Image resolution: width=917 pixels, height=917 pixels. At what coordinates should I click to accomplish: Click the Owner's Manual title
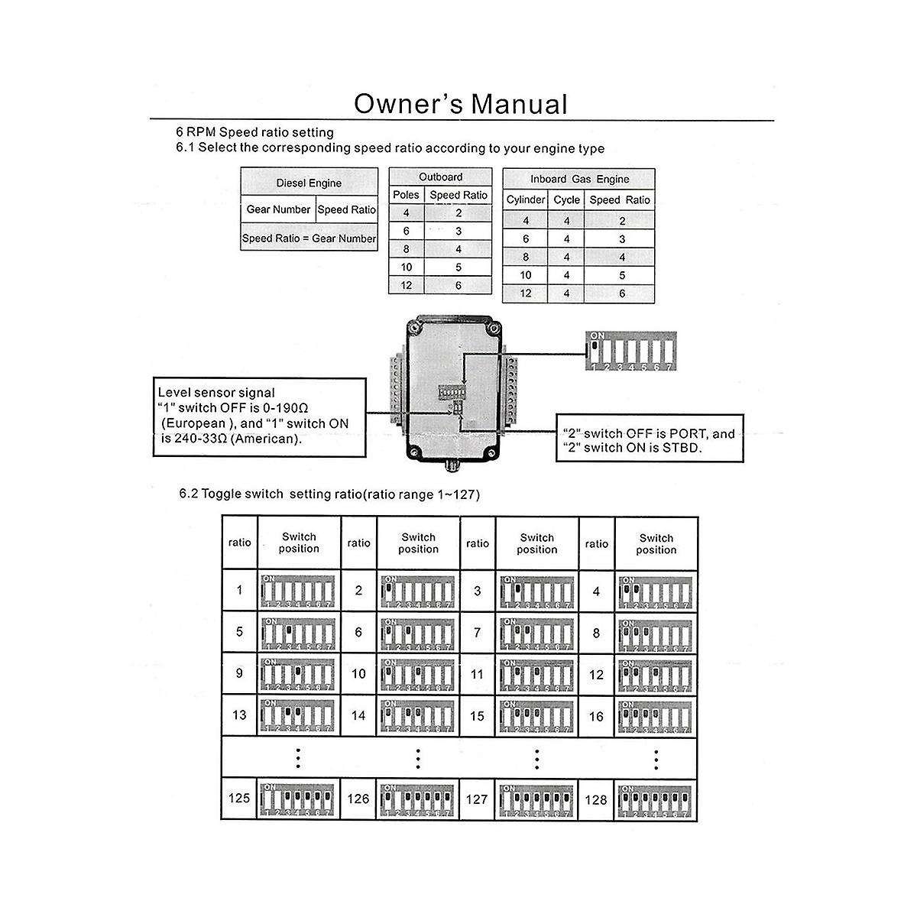pos(462,104)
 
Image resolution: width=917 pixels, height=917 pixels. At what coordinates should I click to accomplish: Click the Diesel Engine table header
pos(309,183)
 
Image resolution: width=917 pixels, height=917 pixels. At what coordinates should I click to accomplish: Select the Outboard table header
pos(440,177)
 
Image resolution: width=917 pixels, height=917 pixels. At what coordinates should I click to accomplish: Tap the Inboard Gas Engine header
pos(579,179)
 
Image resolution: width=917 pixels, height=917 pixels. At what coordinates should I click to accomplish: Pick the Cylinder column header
pos(526,200)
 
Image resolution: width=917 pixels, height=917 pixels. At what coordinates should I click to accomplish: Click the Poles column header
pos(406,195)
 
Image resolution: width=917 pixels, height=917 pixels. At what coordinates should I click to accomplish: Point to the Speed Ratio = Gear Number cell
pos(309,238)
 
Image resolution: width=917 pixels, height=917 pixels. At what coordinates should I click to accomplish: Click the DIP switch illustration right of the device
pos(630,352)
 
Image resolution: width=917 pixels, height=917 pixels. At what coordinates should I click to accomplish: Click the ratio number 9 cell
pos(239,674)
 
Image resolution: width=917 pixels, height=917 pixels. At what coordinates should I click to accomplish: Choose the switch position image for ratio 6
pos(418,633)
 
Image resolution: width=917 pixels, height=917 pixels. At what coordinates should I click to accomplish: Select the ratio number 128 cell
pos(596,800)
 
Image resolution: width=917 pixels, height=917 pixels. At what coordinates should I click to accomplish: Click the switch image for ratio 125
pos(299,799)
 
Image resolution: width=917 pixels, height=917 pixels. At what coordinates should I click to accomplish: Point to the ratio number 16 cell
pos(596,716)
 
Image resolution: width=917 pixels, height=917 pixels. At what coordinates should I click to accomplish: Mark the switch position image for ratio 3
pos(536,591)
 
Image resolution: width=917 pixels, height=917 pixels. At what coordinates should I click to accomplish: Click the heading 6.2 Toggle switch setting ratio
pos(329,494)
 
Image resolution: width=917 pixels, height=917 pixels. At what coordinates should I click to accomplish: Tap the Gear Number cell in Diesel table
pos(278,209)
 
